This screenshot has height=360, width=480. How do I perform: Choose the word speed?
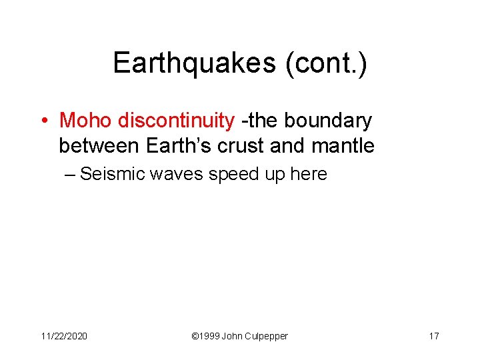point(233,175)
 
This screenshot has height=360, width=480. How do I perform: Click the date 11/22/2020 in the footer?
point(64,336)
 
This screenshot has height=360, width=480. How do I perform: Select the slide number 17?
point(433,336)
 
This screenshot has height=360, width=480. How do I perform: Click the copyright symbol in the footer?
point(195,336)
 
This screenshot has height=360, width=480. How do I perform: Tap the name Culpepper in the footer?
point(267,336)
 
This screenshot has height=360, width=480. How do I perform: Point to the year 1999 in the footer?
point(210,336)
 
